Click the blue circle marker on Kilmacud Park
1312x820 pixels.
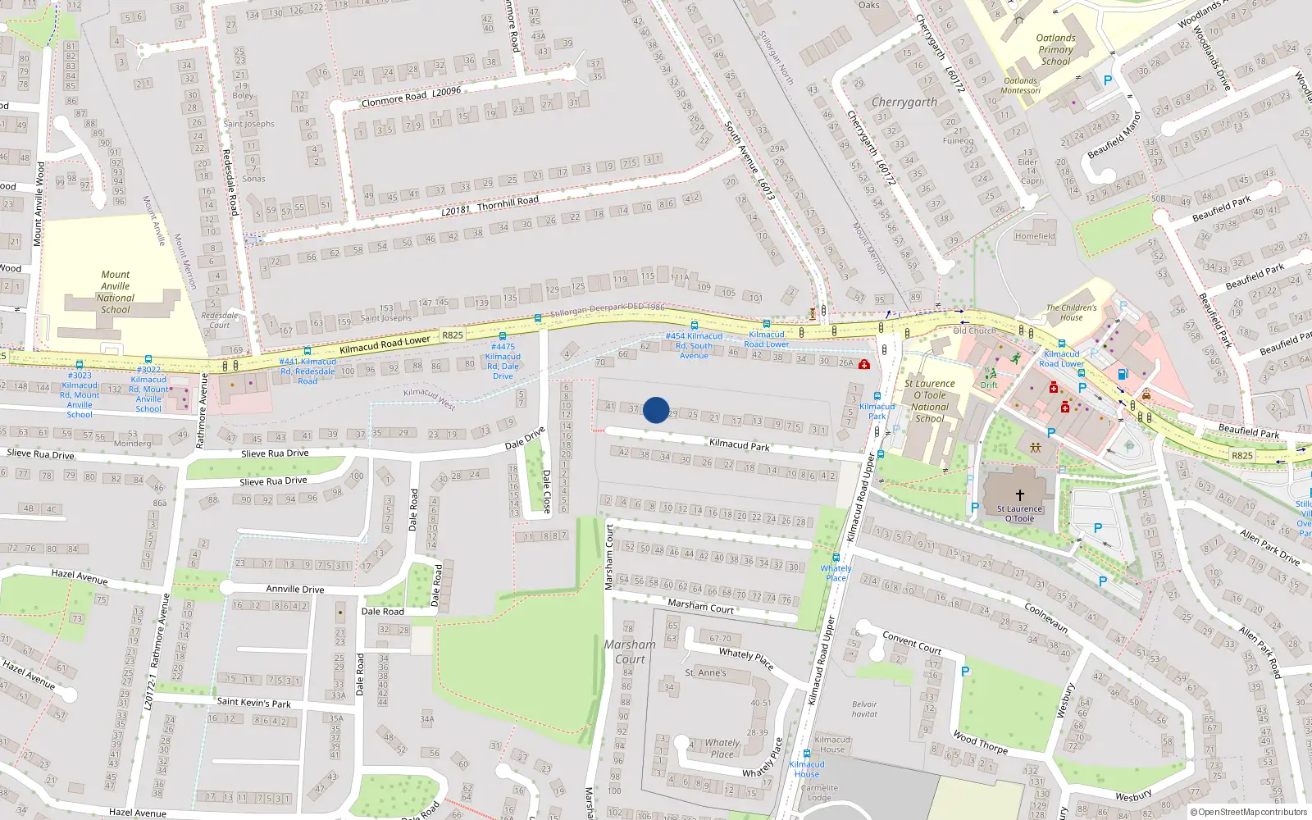656,410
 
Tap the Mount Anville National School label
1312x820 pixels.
116,292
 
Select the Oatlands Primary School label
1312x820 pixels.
1055,49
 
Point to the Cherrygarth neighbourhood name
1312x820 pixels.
904,102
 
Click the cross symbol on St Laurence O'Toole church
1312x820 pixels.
1020,494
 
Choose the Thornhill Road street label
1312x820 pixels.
508,202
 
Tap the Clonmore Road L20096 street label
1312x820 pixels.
411,97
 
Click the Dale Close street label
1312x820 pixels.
547,491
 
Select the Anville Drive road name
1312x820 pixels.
295,589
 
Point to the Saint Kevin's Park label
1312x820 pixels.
253,702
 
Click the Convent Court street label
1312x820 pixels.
912,642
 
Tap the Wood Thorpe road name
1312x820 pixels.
981,742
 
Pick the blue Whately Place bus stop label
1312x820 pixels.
836,572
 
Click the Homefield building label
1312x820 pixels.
1035,236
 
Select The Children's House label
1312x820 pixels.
1071,312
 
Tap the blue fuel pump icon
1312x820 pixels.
1123,374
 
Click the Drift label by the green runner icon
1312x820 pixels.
990,385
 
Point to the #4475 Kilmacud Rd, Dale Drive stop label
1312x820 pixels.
503,361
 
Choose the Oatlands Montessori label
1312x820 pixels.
1021,85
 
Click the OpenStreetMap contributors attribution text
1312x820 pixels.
1248,812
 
